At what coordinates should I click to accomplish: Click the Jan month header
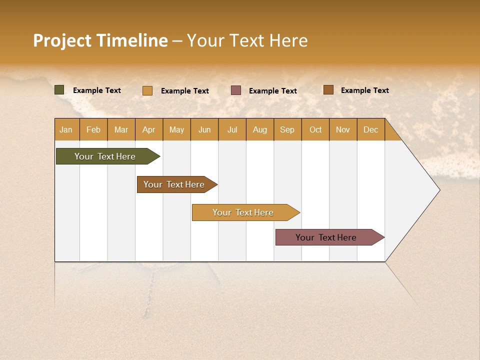click(66, 129)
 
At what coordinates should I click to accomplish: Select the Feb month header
click(93, 129)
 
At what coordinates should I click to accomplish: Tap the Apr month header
click(149, 129)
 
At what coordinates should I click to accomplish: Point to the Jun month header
click(204, 129)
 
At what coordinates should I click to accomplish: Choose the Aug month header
click(260, 129)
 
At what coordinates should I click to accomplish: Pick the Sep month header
click(287, 129)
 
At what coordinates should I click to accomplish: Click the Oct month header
click(315, 129)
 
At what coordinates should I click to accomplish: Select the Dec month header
click(371, 129)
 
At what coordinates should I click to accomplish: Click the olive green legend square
click(59, 90)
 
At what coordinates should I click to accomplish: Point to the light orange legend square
click(147, 90)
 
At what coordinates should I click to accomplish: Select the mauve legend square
click(236, 90)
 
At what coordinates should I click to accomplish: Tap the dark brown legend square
click(328, 90)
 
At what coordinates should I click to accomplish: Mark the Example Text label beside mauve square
click(273, 91)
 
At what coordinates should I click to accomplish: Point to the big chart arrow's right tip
click(439, 190)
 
